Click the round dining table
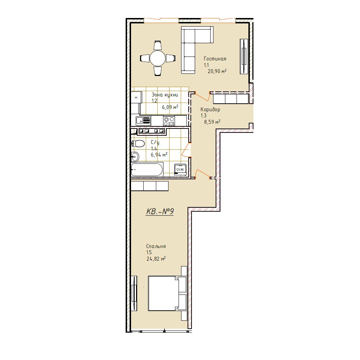coord(158,58)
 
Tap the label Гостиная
coord(215,59)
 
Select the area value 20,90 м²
coord(217,71)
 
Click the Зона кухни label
coord(165,95)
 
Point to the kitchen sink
coord(143,121)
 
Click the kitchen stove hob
coord(169,121)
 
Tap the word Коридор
coord(210,109)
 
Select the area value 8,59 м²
coord(212,122)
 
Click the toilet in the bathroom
coord(138,144)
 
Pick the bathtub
coord(147,170)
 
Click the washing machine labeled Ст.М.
coord(180,170)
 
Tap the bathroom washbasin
coord(135,157)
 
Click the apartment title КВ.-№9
coord(160,211)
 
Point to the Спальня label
coord(156,246)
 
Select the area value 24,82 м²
coord(156,259)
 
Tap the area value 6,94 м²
coord(159,155)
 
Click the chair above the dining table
coord(158,45)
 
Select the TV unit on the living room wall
coord(244,57)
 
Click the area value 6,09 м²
coord(170,107)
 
